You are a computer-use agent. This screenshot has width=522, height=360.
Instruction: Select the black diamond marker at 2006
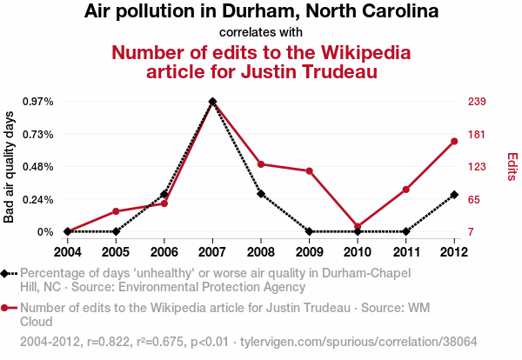(x=164, y=194)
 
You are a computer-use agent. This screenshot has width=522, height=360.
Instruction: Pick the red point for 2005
(x=116, y=211)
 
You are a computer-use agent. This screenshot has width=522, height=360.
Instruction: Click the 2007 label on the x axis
(x=212, y=252)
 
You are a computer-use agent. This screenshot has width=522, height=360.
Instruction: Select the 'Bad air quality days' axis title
(x=10, y=167)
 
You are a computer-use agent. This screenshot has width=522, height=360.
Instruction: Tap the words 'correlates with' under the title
(x=261, y=33)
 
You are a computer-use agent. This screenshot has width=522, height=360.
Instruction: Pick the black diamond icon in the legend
(x=6, y=274)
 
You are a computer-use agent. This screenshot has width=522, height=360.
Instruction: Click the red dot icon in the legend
(x=6, y=308)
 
